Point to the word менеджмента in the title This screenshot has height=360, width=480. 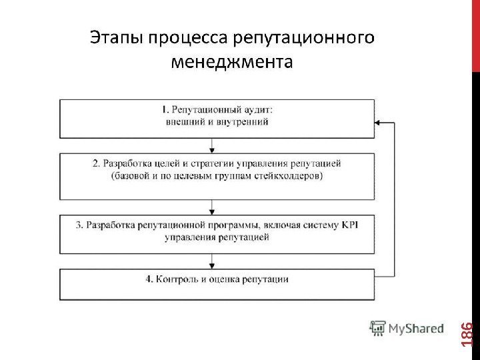pos(231,63)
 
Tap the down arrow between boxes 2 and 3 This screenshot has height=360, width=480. pos(213,205)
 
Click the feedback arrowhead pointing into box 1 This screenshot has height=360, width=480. pos(378,123)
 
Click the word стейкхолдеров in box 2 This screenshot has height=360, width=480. pos(292,176)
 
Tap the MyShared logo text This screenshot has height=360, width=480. pos(417,328)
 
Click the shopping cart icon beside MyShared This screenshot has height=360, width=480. pos(378,327)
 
